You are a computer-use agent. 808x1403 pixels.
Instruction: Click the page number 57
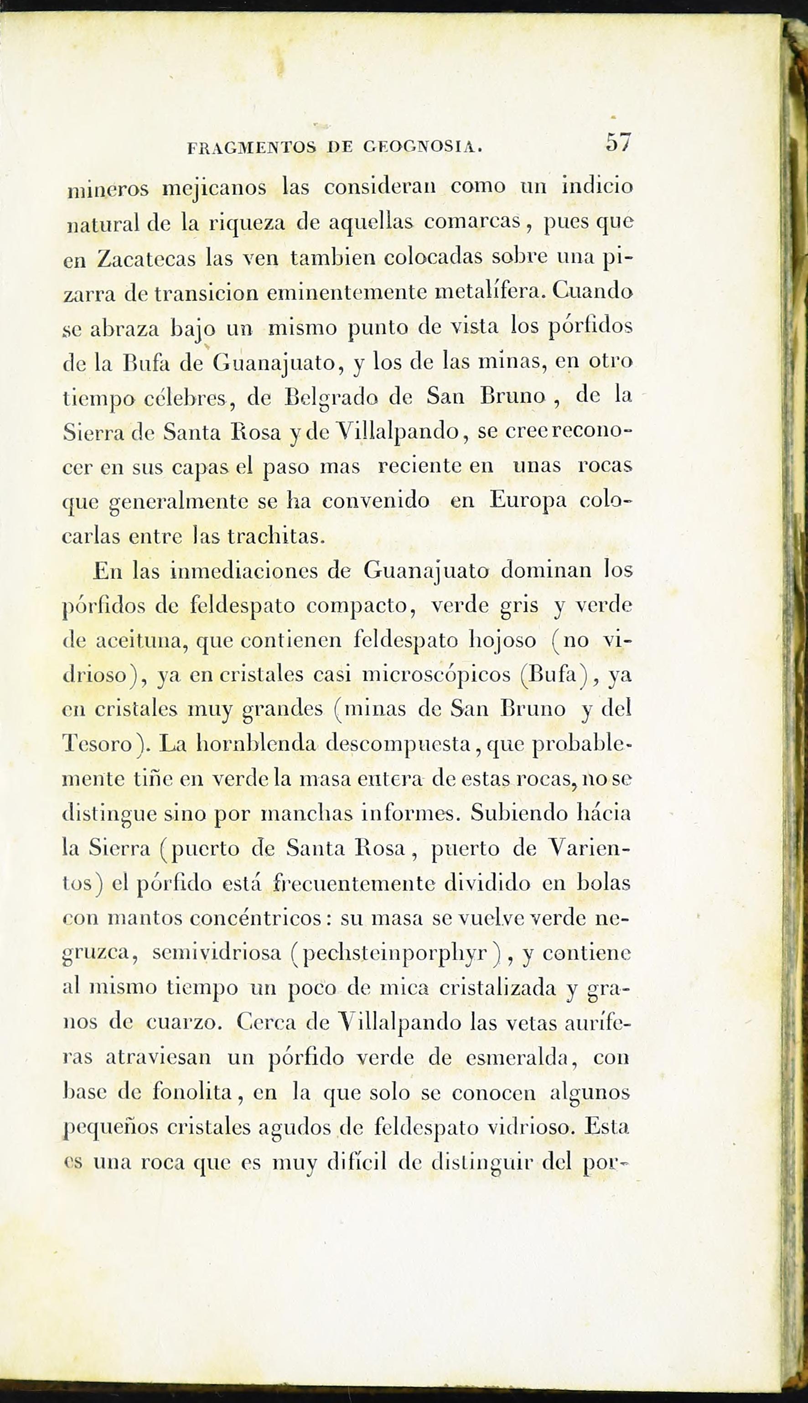pos(619,143)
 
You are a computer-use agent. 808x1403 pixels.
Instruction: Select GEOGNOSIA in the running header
pos(422,147)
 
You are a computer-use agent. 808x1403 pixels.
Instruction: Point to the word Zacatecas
pos(145,259)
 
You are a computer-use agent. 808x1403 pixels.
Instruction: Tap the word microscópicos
pos(436,674)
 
